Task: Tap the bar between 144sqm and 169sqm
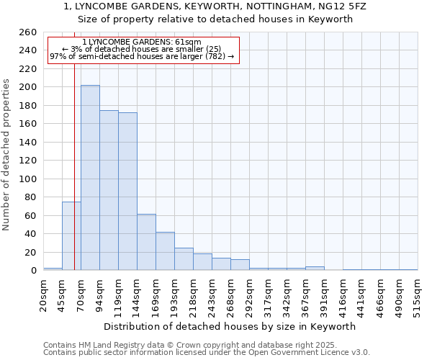(x=146, y=242)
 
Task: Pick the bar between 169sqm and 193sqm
(x=165, y=251)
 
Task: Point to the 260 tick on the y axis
(x=28, y=32)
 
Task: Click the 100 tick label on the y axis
(x=28, y=179)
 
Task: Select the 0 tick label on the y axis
(x=33, y=271)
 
